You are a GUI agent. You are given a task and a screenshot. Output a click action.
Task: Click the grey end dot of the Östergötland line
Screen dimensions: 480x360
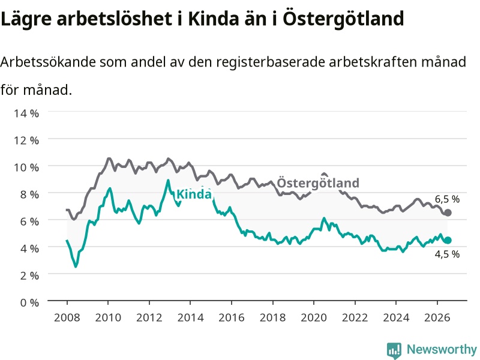point(448,212)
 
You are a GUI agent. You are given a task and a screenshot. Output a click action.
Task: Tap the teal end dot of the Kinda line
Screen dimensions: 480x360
point(448,241)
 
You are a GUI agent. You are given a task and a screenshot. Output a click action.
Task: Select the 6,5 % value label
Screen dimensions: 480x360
point(447,199)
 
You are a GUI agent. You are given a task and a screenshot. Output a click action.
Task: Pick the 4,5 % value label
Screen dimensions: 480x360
point(447,254)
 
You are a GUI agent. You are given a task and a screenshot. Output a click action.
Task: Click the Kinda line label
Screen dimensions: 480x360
point(194,194)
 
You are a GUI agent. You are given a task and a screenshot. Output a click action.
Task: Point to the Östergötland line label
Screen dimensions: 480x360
point(318,183)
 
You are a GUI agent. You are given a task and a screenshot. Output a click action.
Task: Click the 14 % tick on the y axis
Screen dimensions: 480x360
point(26,113)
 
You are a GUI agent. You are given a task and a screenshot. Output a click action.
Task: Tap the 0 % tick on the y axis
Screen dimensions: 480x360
point(29,303)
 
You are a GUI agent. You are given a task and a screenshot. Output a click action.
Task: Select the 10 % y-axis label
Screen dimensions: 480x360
point(26,167)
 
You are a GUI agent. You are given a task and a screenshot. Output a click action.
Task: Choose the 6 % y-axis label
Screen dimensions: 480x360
point(29,221)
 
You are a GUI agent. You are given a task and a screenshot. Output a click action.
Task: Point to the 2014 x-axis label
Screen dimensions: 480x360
point(190,317)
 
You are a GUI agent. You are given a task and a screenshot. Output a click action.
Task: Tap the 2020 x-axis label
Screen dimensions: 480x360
point(314,317)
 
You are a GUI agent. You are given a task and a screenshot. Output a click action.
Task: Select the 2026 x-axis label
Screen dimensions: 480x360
point(437,317)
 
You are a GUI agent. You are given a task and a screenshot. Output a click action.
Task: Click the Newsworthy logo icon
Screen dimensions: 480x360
point(394,350)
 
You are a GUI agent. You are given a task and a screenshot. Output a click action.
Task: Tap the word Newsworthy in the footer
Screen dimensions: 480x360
point(442,349)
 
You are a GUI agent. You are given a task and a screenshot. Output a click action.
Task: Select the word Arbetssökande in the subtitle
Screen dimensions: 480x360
point(48,62)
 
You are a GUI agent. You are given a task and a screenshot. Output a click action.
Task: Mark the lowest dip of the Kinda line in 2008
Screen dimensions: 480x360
point(76,266)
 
